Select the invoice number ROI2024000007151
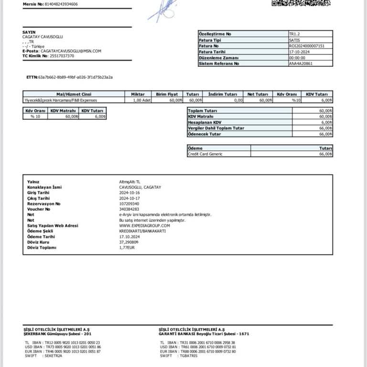[x=307, y=46]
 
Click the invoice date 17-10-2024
[x=300, y=52]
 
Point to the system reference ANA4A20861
[x=301, y=64]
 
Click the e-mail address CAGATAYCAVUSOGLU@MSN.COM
[x=71, y=51]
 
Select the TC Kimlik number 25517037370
[x=62, y=55]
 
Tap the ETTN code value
[x=76, y=77]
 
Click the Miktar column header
[x=138, y=94]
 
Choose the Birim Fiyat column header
[x=167, y=94]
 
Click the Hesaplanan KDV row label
[x=205, y=122]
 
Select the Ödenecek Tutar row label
[x=205, y=134]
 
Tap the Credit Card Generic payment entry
[x=205, y=154]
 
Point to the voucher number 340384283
[x=129, y=209]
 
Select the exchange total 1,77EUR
[x=127, y=248]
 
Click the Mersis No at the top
[x=50, y=4]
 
